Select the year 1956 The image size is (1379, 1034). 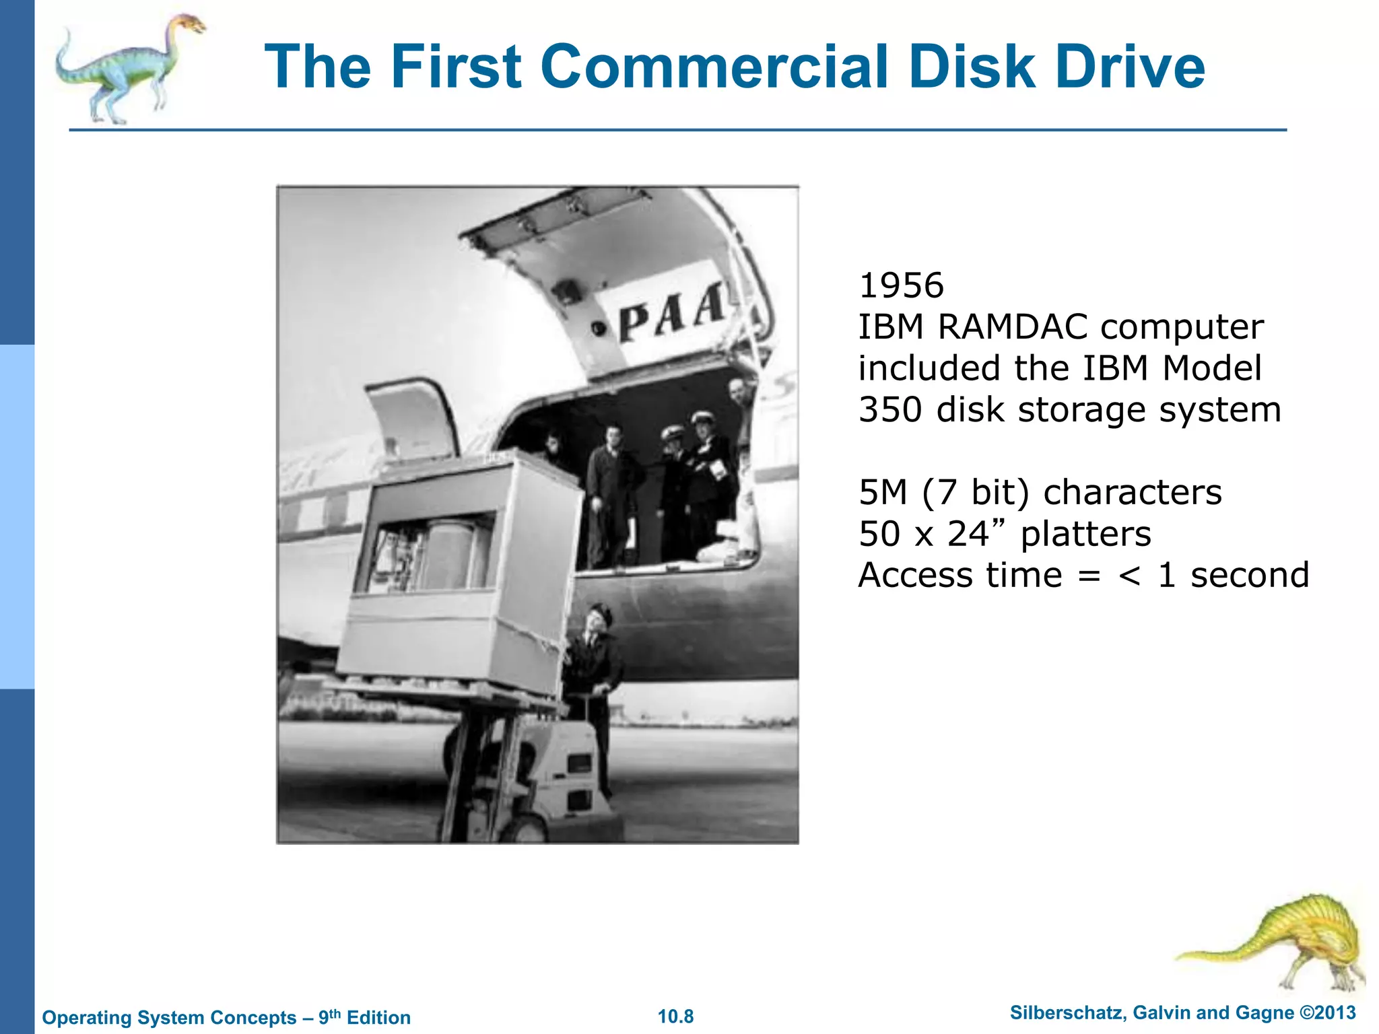click(902, 285)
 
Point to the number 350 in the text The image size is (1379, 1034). click(890, 409)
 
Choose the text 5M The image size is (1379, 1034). click(883, 492)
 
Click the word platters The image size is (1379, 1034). click(1085, 534)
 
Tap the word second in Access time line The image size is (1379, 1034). click(1250, 575)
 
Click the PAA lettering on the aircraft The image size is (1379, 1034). click(673, 316)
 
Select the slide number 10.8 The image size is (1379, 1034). click(675, 1016)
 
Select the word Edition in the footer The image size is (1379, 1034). click(378, 1017)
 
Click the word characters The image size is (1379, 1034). click(1133, 492)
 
